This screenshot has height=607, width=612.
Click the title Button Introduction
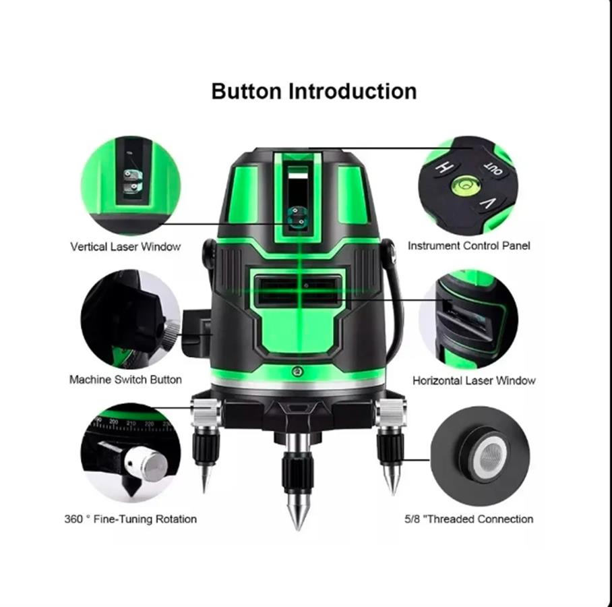tap(314, 92)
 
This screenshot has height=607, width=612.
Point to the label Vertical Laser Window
tap(125, 246)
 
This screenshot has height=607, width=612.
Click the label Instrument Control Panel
tap(468, 245)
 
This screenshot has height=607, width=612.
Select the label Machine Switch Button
tap(125, 380)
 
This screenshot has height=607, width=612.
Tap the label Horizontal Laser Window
tap(474, 380)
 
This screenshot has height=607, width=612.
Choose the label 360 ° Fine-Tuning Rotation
tap(130, 519)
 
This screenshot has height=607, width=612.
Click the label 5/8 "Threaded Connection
tap(468, 519)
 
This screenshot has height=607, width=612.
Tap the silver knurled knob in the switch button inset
tap(171, 335)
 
